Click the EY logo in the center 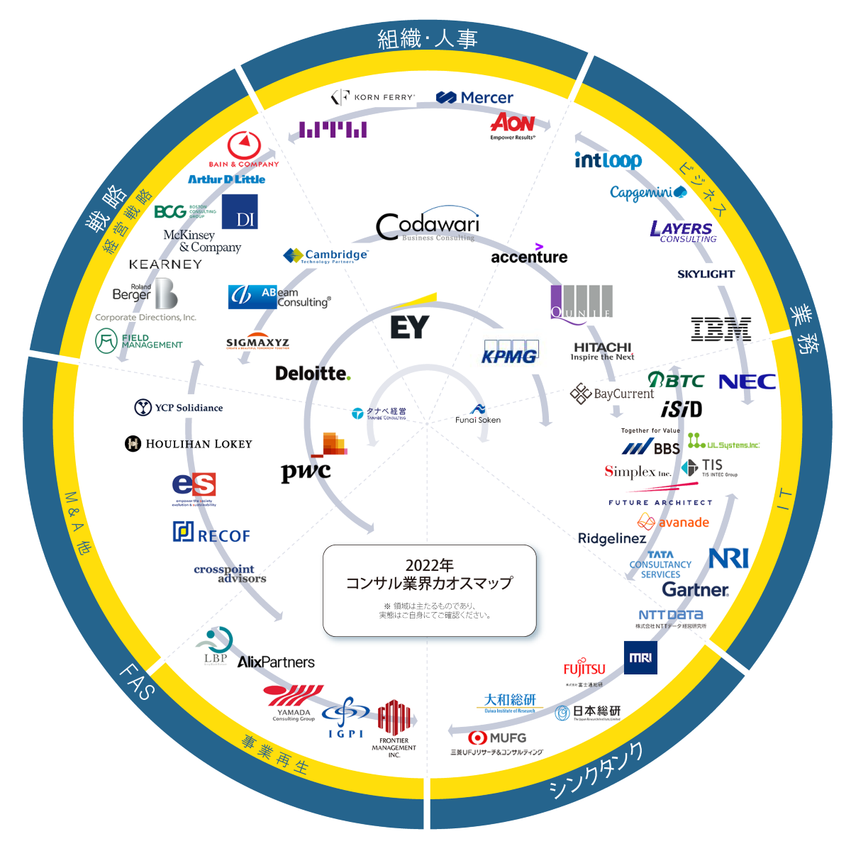(x=410, y=327)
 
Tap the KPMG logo (x=510, y=352)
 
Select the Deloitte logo (x=313, y=373)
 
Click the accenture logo (x=529, y=256)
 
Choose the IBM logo (x=721, y=329)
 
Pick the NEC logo (x=747, y=382)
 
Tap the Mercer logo (x=474, y=98)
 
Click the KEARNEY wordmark (x=165, y=265)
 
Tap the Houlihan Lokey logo (x=189, y=444)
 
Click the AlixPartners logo (x=276, y=662)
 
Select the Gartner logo (x=695, y=590)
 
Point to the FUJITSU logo (x=584, y=669)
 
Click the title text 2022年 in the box (x=429, y=565)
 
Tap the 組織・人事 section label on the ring (x=427, y=39)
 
